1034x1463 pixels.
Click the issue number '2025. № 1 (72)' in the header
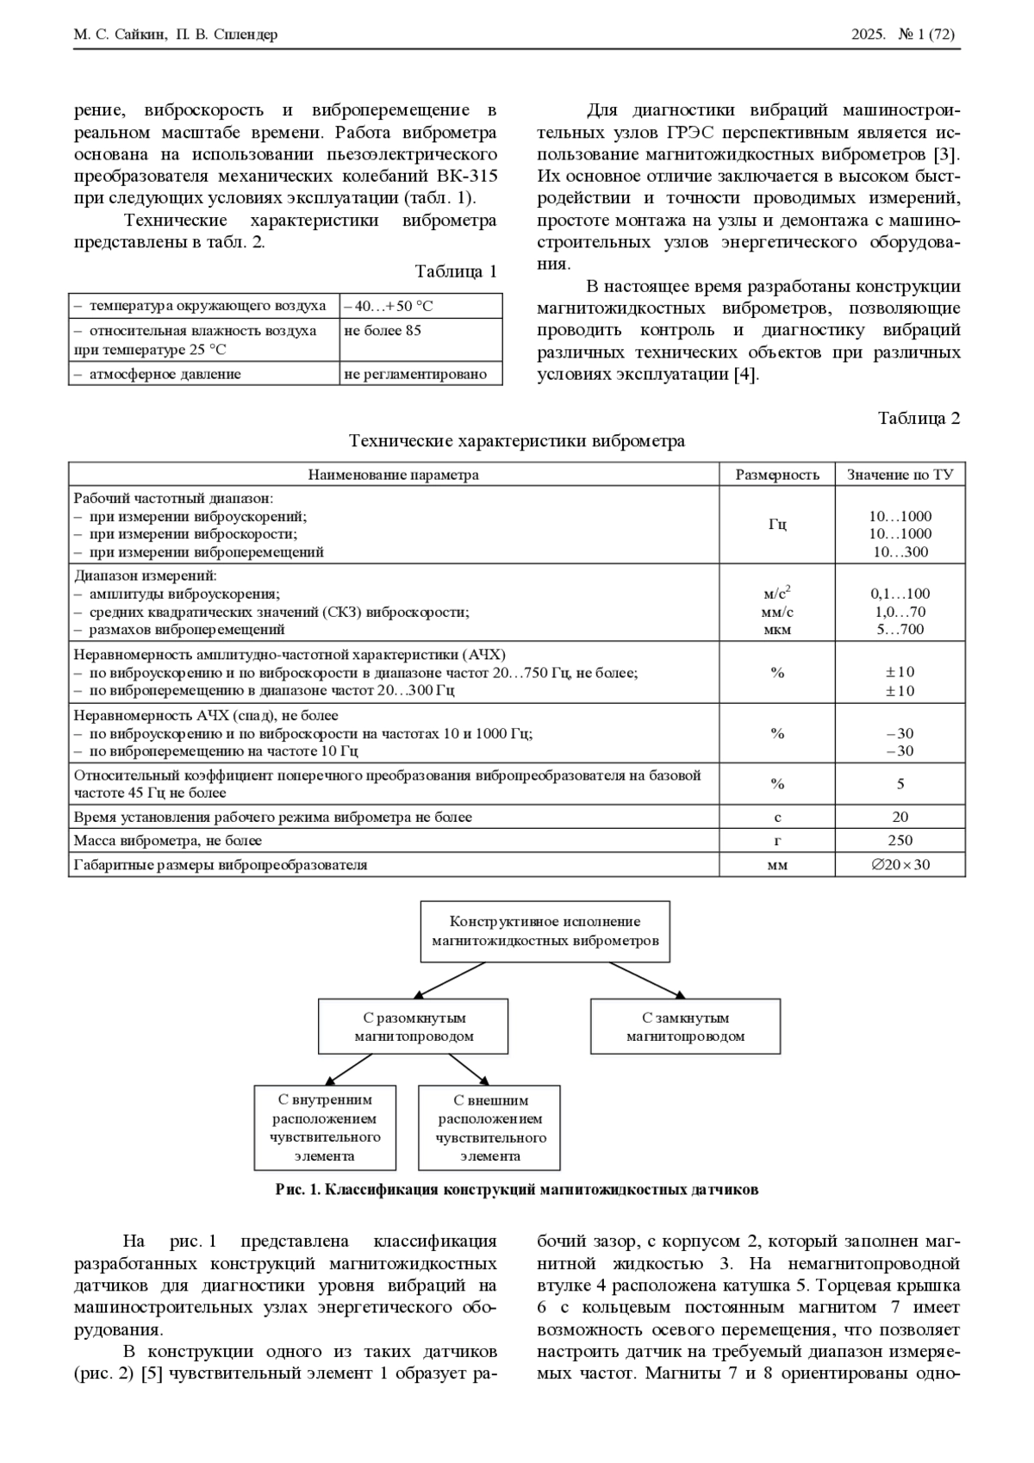click(x=903, y=35)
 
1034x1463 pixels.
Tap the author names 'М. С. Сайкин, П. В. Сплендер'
click(x=176, y=35)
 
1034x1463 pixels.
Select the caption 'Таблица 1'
click(x=456, y=272)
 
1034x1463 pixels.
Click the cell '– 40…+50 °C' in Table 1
click(x=389, y=306)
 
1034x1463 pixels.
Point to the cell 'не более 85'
click(x=383, y=331)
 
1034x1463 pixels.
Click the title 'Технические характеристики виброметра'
click(x=517, y=441)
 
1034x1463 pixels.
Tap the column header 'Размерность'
click(x=776, y=475)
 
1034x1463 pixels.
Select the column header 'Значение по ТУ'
click(x=900, y=475)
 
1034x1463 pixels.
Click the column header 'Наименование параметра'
click(x=394, y=475)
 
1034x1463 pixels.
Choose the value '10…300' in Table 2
click(x=900, y=552)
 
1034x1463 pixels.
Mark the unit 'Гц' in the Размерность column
click(x=777, y=525)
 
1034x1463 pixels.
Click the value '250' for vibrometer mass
click(x=900, y=841)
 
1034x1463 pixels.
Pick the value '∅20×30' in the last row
click(x=900, y=865)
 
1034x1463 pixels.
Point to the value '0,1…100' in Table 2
click(x=900, y=594)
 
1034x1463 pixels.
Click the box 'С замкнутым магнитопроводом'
click(x=685, y=1027)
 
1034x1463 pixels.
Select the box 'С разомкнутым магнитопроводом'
click(x=414, y=1027)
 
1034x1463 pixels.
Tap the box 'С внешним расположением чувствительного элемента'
click(x=489, y=1128)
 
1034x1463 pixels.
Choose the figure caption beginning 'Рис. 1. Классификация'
click(x=517, y=1190)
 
